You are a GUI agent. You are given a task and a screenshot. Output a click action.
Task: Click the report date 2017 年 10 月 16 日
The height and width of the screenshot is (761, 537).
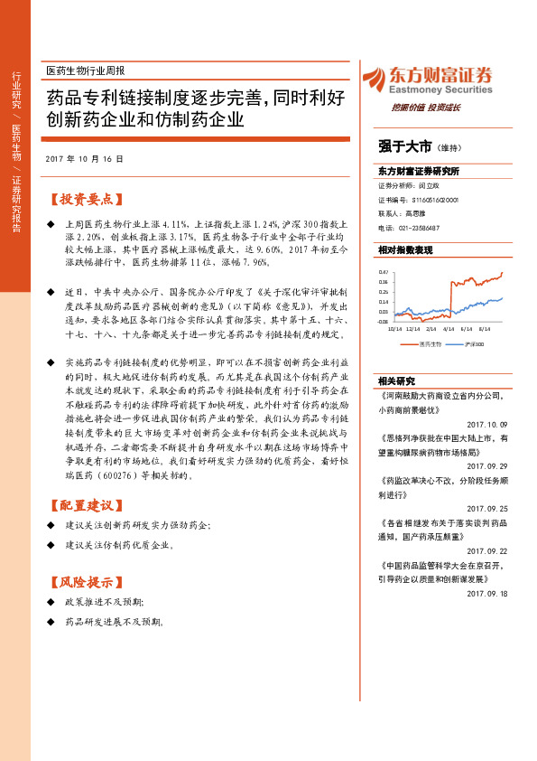83,158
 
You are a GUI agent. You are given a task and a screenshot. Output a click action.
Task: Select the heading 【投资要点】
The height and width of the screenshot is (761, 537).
88,199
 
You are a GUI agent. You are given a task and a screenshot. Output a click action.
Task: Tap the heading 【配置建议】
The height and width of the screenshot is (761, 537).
88,504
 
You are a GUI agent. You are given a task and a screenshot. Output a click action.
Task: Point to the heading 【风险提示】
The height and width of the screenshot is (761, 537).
88,582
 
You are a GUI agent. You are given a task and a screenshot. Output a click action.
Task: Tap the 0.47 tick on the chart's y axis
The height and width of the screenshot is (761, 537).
383,271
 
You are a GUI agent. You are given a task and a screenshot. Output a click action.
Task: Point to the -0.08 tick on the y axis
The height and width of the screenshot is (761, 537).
383,321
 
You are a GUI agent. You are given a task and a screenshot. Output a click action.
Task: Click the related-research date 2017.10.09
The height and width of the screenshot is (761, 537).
488,424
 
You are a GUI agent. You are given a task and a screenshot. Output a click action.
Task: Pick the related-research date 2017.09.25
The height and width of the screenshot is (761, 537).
488,508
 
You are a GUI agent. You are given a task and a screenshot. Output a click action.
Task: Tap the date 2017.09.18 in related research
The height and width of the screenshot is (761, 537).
488,593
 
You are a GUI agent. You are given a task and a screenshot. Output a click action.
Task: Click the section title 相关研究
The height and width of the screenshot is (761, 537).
394,380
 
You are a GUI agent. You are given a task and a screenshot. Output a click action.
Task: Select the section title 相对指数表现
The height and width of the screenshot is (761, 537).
405,249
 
